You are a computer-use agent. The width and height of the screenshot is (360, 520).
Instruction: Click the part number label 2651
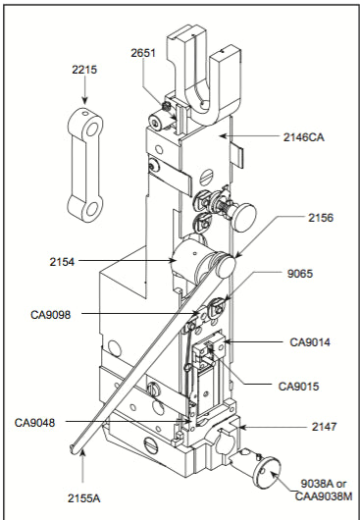click(x=143, y=53)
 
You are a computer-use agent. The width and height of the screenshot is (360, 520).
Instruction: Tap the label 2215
click(x=84, y=70)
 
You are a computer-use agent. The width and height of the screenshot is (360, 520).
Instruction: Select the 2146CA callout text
click(x=304, y=137)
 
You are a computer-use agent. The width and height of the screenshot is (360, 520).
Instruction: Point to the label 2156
click(x=321, y=218)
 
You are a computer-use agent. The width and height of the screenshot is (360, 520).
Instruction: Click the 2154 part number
click(x=62, y=262)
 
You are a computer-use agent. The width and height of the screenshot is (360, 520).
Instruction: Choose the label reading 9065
click(x=299, y=274)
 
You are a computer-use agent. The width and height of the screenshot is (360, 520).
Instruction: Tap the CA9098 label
click(x=51, y=314)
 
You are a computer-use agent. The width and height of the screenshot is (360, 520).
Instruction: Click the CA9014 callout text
click(x=310, y=341)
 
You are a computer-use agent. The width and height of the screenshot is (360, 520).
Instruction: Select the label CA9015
click(x=298, y=386)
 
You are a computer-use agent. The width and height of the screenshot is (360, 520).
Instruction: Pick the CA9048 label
click(x=34, y=423)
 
